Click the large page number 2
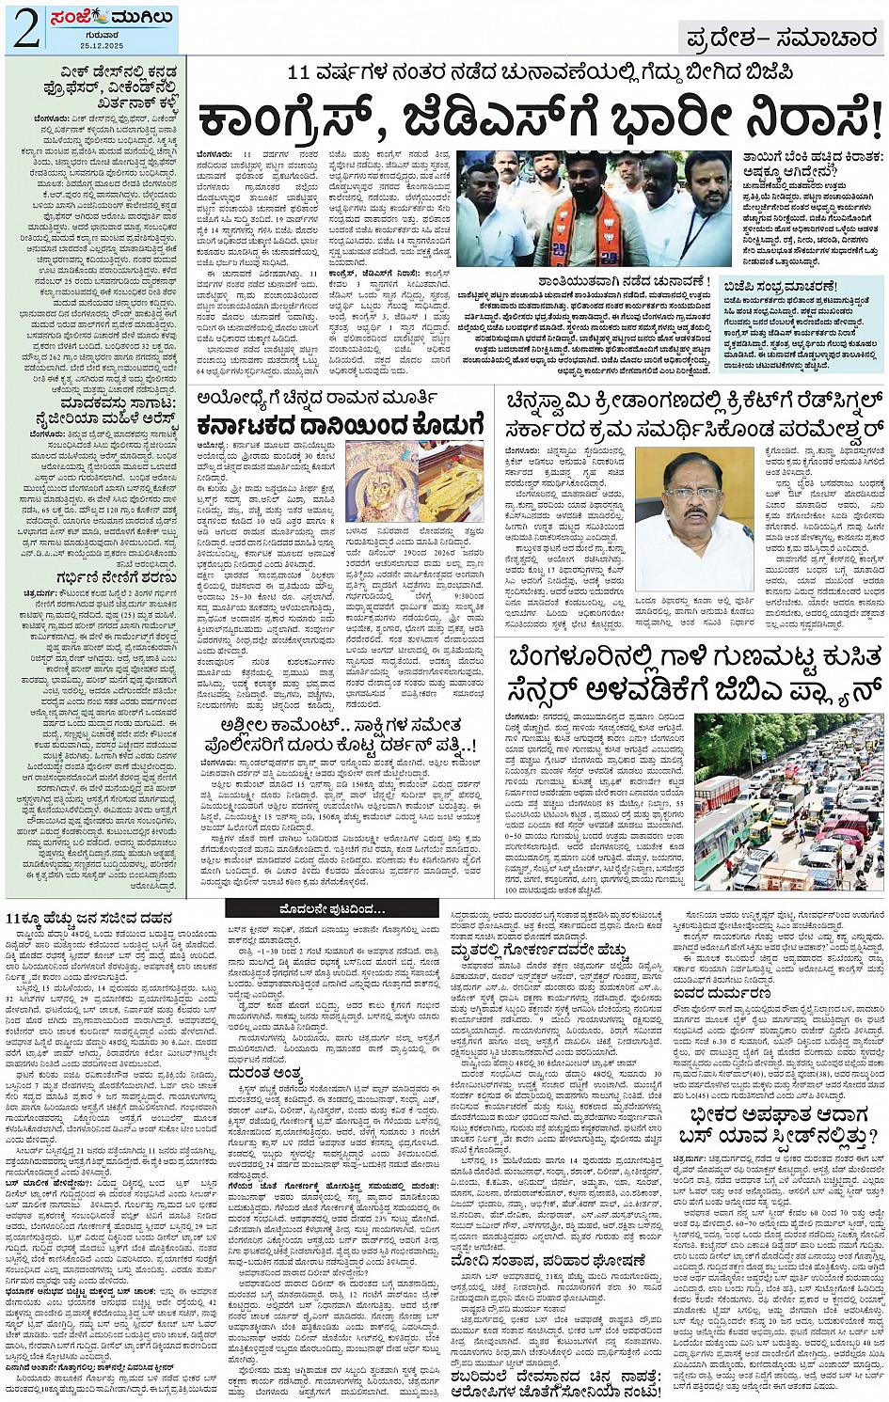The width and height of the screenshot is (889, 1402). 25,28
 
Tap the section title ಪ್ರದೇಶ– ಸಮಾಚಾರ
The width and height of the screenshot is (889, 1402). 783,38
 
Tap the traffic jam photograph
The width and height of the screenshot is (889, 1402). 788,802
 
